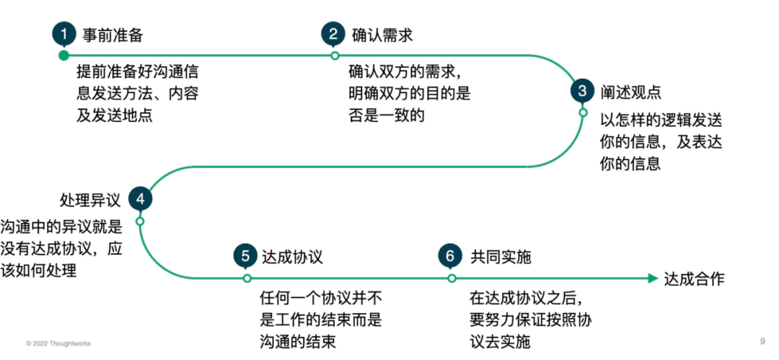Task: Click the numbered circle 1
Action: tap(63, 33)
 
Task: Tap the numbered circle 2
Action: tap(333, 34)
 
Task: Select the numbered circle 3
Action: tap(583, 91)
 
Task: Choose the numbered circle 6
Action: tap(451, 256)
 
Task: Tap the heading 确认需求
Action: tap(382, 35)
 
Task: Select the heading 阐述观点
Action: tap(630, 92)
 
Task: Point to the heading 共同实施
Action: tap(500, 257)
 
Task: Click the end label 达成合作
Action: tap(693, 278)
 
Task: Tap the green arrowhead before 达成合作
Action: tap(652, 278)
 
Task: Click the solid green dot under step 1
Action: tap(63, 55)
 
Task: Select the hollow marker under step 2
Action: tap(334, 55)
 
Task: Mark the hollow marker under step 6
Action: tap(452, 278)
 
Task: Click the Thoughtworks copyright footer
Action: tap(58, 343)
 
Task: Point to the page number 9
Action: tap(762, 341)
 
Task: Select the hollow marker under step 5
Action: tap(247, 278)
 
